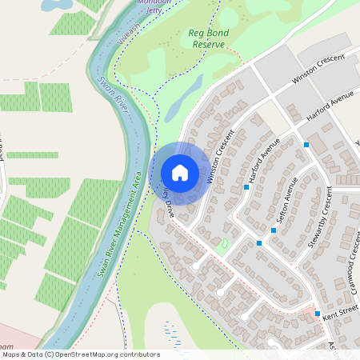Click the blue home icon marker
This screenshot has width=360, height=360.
[x=180, y=173]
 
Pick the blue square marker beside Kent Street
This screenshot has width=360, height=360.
[x=318, y=314]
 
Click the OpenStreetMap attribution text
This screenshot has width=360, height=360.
[x=80, y=354]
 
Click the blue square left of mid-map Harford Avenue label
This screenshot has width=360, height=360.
[x=246, y=187]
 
